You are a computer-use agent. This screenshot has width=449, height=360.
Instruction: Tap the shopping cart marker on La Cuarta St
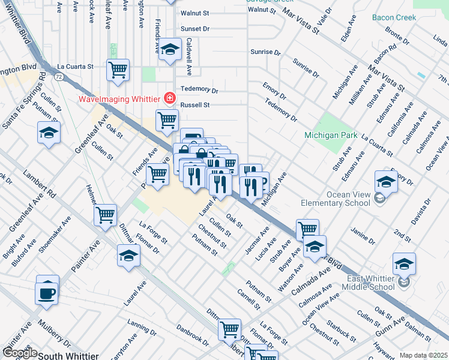point(118,70)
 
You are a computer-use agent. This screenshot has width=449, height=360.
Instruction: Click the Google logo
point(19,353)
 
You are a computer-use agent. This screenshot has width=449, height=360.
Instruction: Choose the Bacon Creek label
point(394,17)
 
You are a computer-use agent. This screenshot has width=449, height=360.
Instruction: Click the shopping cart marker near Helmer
point(106,214)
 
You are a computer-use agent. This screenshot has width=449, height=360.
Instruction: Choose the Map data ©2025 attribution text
point(423,355)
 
